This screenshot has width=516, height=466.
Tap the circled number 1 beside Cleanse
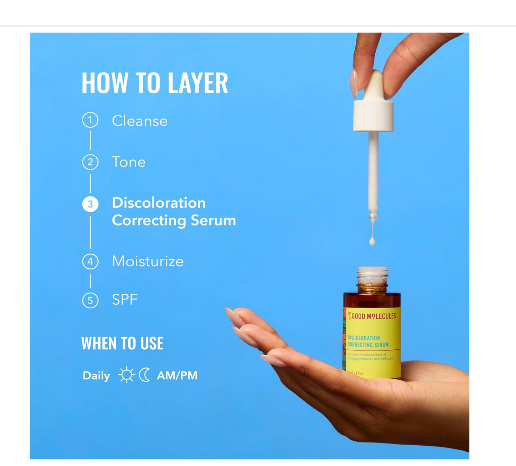90,120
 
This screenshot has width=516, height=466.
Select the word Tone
129,162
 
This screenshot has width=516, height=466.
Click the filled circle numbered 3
90,204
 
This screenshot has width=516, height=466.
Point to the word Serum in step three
213,221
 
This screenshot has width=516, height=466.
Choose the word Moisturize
147,262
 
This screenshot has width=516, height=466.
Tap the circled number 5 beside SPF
90,300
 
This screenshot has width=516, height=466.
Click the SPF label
125,300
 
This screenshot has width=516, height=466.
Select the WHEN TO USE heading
122,343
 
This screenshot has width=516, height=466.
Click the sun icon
126,375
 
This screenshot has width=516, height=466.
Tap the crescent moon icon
144,375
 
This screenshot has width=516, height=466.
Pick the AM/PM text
177,375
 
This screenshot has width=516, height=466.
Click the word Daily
96,376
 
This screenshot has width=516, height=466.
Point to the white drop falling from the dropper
372,242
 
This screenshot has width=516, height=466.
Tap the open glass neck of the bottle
372,275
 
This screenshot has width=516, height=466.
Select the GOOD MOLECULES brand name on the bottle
374,316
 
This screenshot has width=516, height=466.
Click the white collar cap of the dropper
373,116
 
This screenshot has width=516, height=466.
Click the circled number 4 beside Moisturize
90,262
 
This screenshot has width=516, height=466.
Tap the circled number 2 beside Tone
90,162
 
